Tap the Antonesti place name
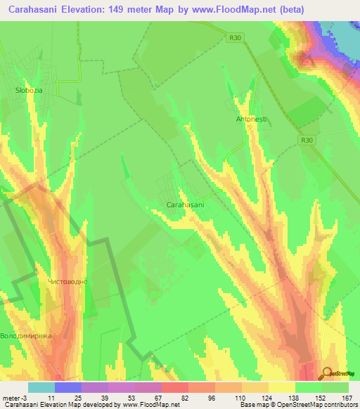coord(252,119)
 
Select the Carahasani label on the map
coord(185,204)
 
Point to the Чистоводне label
coord(67,282)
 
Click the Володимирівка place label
coord(27,336)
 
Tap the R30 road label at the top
coord(236,39)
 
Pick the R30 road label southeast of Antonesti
coord(305,141)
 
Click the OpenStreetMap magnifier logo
coord(328,373)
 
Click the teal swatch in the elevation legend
coord(41,387)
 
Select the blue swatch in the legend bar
coord(68,387)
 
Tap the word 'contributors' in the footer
coord(336,405)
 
